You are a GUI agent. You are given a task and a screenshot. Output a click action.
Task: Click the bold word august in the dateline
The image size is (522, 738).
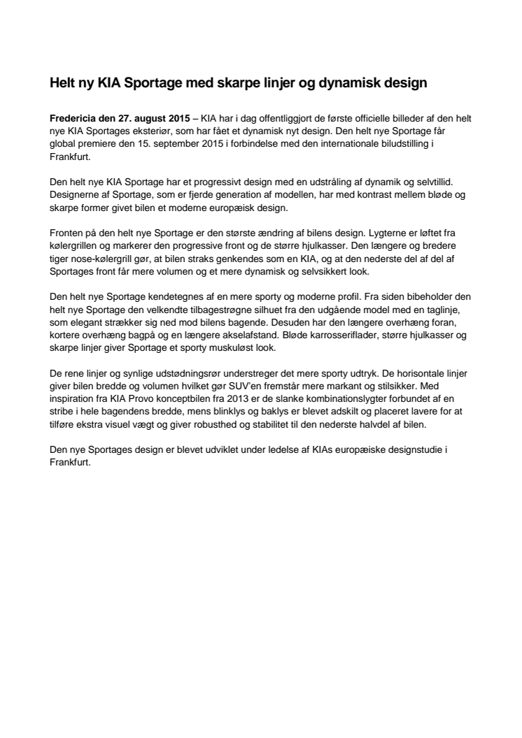(x=148, y=120)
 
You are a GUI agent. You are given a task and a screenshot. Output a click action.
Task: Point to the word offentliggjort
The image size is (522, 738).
(x=271, y=120)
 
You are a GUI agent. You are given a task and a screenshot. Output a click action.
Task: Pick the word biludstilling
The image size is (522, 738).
(x=408, y=143)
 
